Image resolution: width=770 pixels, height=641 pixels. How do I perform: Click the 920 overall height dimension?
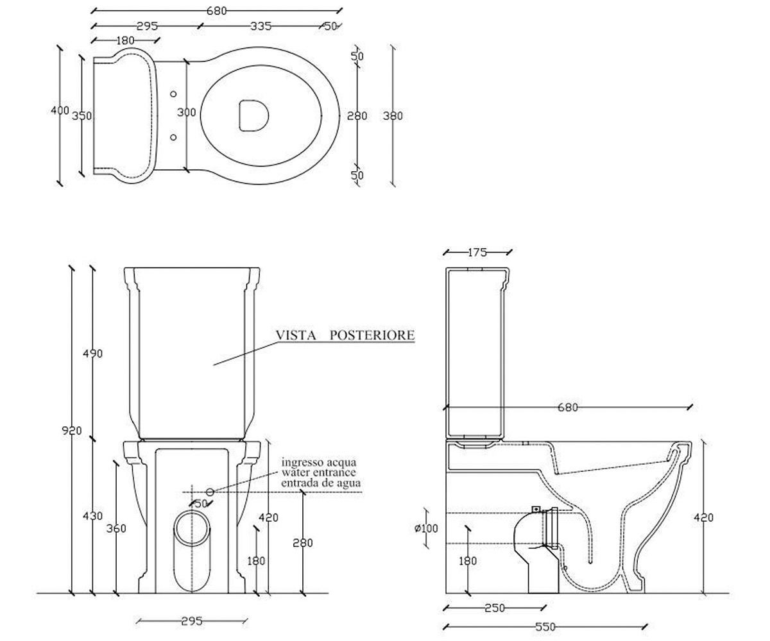coord(71,430)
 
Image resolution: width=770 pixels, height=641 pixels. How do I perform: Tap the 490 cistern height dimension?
coord(92,354)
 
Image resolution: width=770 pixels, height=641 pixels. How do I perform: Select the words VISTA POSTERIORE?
coord(345,335)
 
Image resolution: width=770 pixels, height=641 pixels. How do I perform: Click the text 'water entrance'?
coord(319,472)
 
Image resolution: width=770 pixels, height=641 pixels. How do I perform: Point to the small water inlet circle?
coord(210,492)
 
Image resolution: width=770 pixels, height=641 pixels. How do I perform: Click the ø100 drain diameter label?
coord(426,529)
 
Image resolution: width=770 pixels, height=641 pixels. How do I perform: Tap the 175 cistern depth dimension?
coord(477,253)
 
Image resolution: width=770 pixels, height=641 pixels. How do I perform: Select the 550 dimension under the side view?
coord(545,627)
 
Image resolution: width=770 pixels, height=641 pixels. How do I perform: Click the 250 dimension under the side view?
coord(495,608)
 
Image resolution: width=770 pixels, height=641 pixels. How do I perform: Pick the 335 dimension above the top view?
coord(261,26)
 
